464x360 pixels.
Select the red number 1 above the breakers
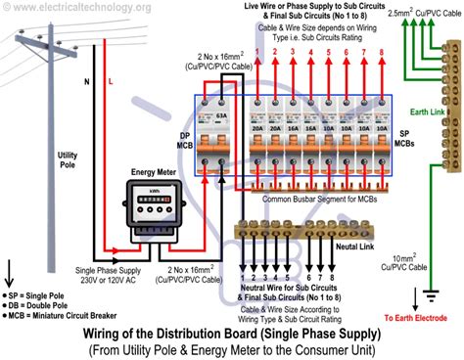tap(257, 50)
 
